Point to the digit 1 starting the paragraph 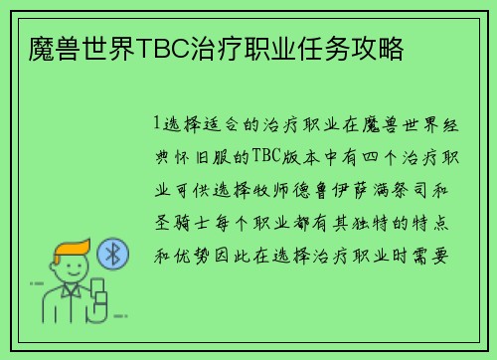157,125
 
